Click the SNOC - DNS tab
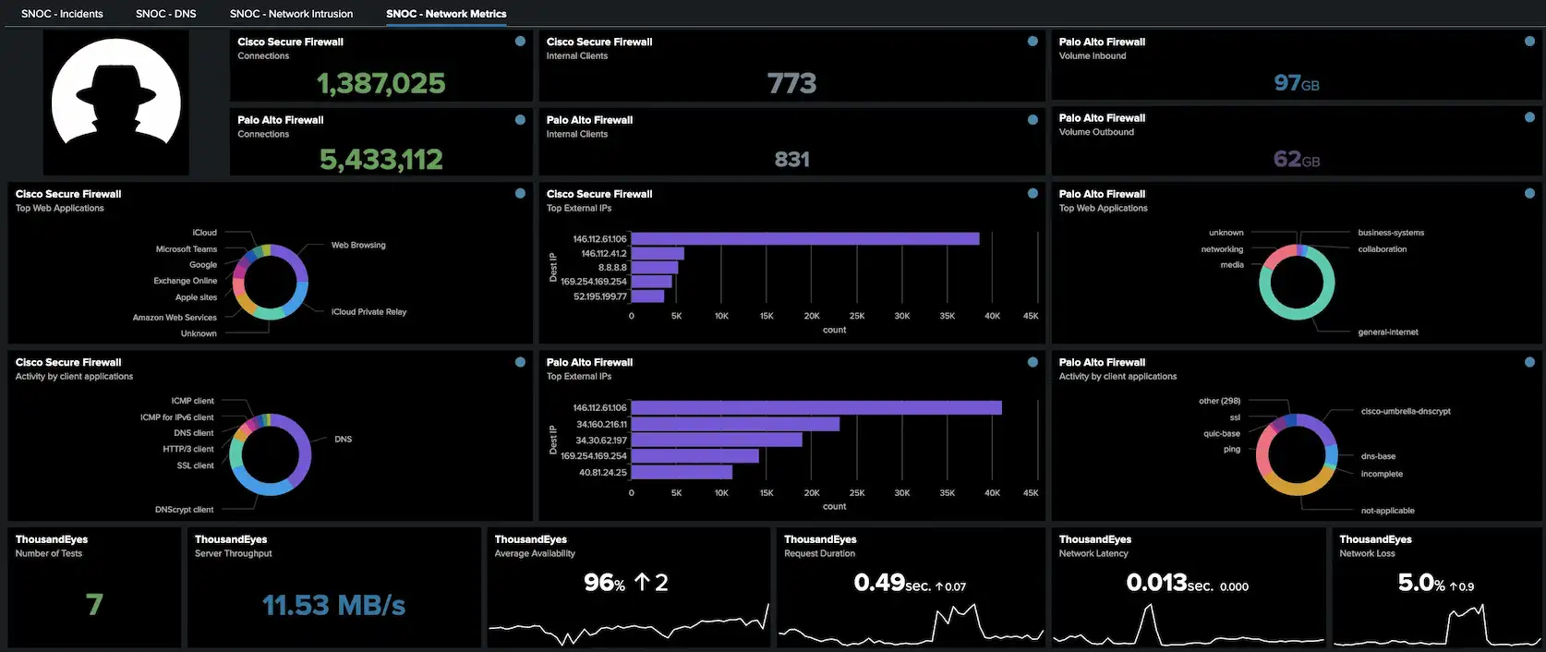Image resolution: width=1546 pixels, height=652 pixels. pos(165,14)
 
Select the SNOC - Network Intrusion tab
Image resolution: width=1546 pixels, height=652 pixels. pos(291,14)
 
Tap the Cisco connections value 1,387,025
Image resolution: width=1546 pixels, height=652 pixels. pos(380,83)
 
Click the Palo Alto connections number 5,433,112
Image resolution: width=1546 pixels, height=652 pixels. pos(380,160)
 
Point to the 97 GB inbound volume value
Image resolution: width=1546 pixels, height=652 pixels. pos(1296,83)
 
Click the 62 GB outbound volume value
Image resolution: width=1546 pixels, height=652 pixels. pos(1296,159)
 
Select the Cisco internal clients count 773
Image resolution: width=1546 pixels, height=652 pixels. pos(791,83)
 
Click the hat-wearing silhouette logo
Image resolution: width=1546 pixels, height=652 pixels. pos(116,101)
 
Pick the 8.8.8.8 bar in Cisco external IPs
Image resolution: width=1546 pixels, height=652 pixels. pos(654,268)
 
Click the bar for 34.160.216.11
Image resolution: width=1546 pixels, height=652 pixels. pos(734,424)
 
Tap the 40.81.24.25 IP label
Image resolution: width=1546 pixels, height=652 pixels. pos(602,473)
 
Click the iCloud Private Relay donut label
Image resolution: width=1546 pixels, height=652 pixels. pos(368,312)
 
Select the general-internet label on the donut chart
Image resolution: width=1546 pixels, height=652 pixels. pos(1387,332)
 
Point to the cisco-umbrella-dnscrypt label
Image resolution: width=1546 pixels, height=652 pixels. pos(1405,412)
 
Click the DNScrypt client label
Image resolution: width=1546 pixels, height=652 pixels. pos(184,510)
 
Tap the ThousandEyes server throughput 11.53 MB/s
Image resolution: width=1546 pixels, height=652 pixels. pos(333,605)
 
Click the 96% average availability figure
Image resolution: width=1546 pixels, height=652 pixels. pos(604,583)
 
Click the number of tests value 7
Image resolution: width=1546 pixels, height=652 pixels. pos(94,604)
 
